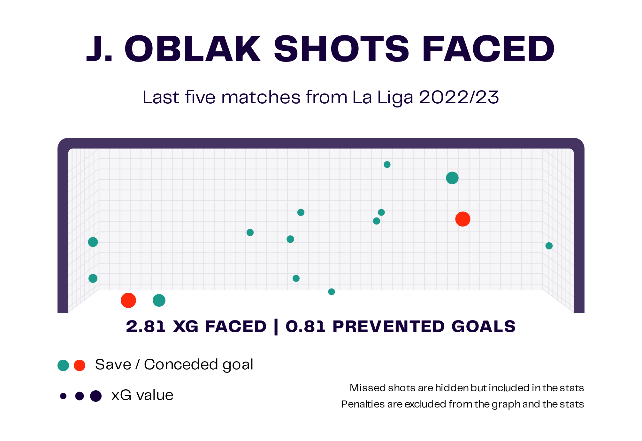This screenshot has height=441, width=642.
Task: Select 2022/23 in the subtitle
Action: (x=459, y=97)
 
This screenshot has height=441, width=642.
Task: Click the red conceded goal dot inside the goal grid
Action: (x=462, y=219)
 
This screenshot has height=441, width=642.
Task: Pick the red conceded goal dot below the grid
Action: (x=128, y=300)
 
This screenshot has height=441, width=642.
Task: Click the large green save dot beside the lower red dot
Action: (x=159, y=300)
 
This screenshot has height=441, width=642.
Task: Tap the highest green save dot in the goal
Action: (x=387, y=165)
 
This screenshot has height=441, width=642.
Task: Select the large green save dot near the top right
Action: (x=452, y=178)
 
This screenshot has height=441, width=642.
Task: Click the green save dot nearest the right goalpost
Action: (x=549, y=246)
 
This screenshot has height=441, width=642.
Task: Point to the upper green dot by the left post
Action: (x=93, y=242)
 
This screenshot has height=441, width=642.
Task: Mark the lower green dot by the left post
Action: (x=93, y=278)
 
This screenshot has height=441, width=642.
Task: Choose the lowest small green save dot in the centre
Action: (x=332, y=292)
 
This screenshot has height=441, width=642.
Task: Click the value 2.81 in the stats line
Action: (x=146, y=327)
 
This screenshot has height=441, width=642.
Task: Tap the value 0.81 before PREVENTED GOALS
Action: (x=306, y=327)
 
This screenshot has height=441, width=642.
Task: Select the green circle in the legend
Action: (x=63, y=365)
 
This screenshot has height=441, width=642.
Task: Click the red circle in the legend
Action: (x=80, y=365)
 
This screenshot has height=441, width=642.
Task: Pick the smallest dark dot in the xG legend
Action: (x=63, y=396)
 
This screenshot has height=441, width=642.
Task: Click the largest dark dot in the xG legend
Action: (x=96, y=396)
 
